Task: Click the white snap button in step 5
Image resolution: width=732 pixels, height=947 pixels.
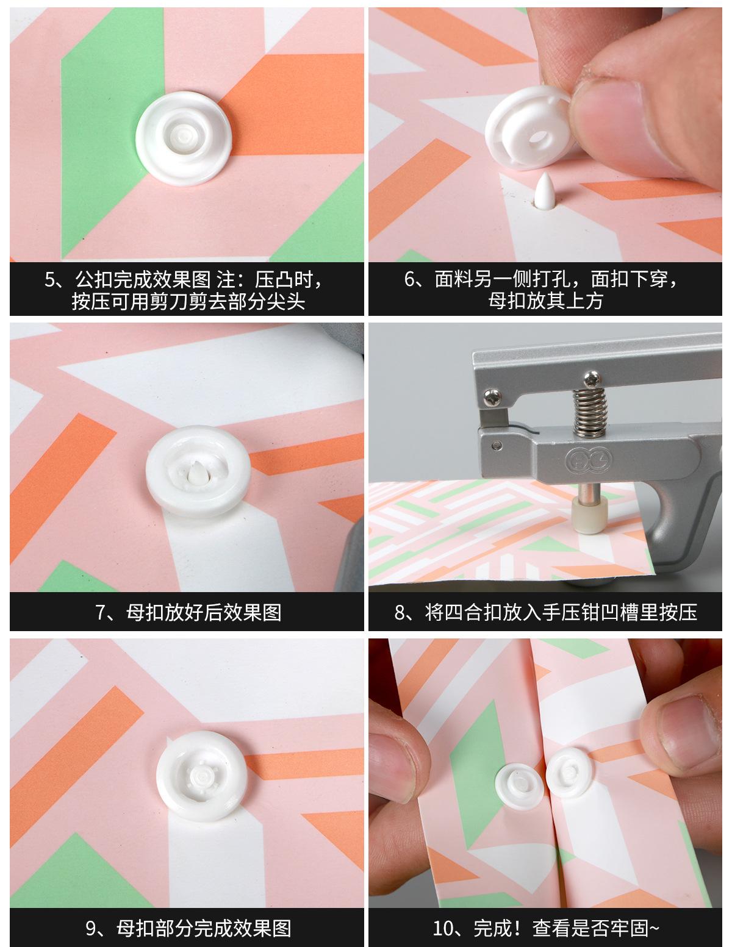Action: tap(183, 138)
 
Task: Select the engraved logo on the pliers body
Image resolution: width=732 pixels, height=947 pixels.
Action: tap(589, 460)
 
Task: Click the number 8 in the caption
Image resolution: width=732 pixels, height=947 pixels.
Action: tap(400, 612)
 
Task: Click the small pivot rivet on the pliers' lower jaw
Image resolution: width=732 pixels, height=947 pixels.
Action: tap(496, 445)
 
